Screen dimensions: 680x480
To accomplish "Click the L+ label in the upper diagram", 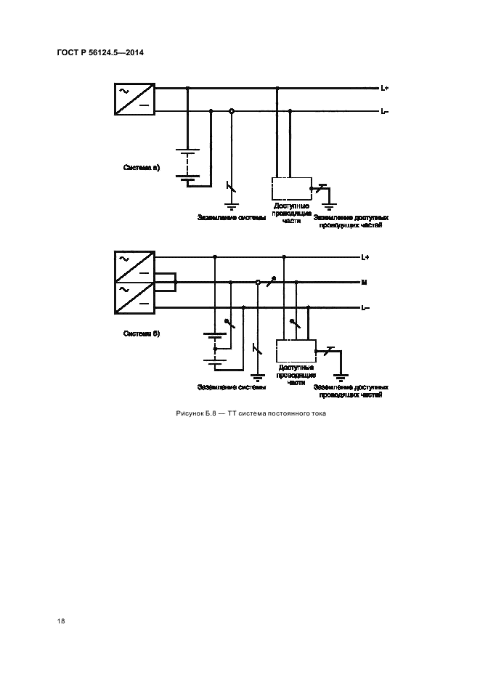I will (384, 89).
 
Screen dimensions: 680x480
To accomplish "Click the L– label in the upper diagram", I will (384, 112).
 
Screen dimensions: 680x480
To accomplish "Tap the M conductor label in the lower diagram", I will (363, 283).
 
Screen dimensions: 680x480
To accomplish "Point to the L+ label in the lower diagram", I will (365, 257).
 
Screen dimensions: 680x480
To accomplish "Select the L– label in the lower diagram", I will (365, 308).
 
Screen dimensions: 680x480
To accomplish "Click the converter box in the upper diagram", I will (134, 100).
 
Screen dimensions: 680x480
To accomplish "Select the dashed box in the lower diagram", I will (295, 351).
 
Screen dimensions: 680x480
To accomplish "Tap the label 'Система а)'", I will (141, 168).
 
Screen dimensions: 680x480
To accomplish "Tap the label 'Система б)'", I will (141, 333).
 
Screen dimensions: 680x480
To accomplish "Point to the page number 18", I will (60, 621).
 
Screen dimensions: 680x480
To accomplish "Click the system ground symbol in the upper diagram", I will (232, 207).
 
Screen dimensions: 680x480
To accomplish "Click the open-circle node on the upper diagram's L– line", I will (232, 111).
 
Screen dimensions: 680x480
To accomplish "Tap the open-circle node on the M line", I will (257, 283).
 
